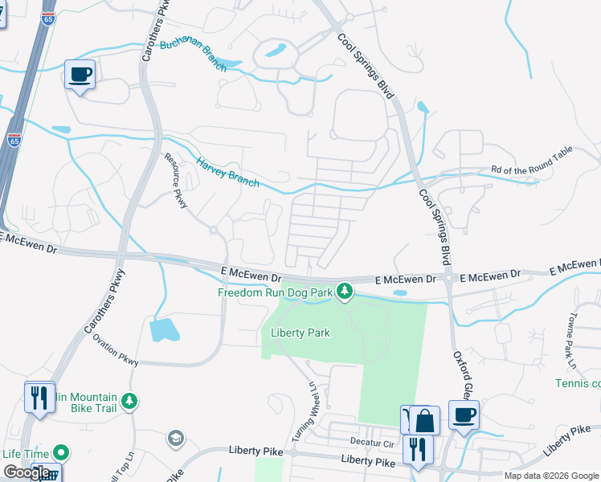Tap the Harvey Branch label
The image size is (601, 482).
point(229,171)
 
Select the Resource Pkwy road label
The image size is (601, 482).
point(177,182)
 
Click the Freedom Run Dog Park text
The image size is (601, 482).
point(275,293)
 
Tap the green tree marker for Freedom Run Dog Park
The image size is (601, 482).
point(345,290)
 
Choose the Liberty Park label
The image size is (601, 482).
point(300,333)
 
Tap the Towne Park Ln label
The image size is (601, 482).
point(581,312)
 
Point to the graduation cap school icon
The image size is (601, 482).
point(175,438)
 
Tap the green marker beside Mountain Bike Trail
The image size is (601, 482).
point(129,400)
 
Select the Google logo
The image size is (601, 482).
point(26,473)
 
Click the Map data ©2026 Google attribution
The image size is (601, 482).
point(550,476)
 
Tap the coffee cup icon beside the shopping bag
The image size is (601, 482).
point(464,415)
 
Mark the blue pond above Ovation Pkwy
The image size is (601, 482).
point(164,329)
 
